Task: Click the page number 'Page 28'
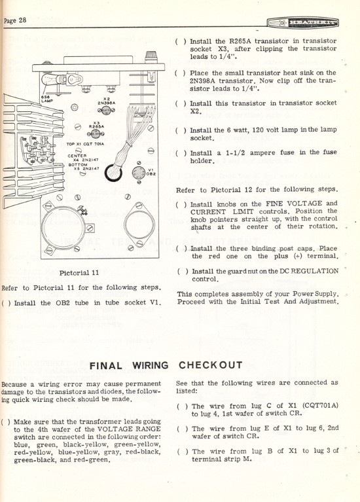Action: [x=15, y=21]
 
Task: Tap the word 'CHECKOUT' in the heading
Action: [x=210, y=365]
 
